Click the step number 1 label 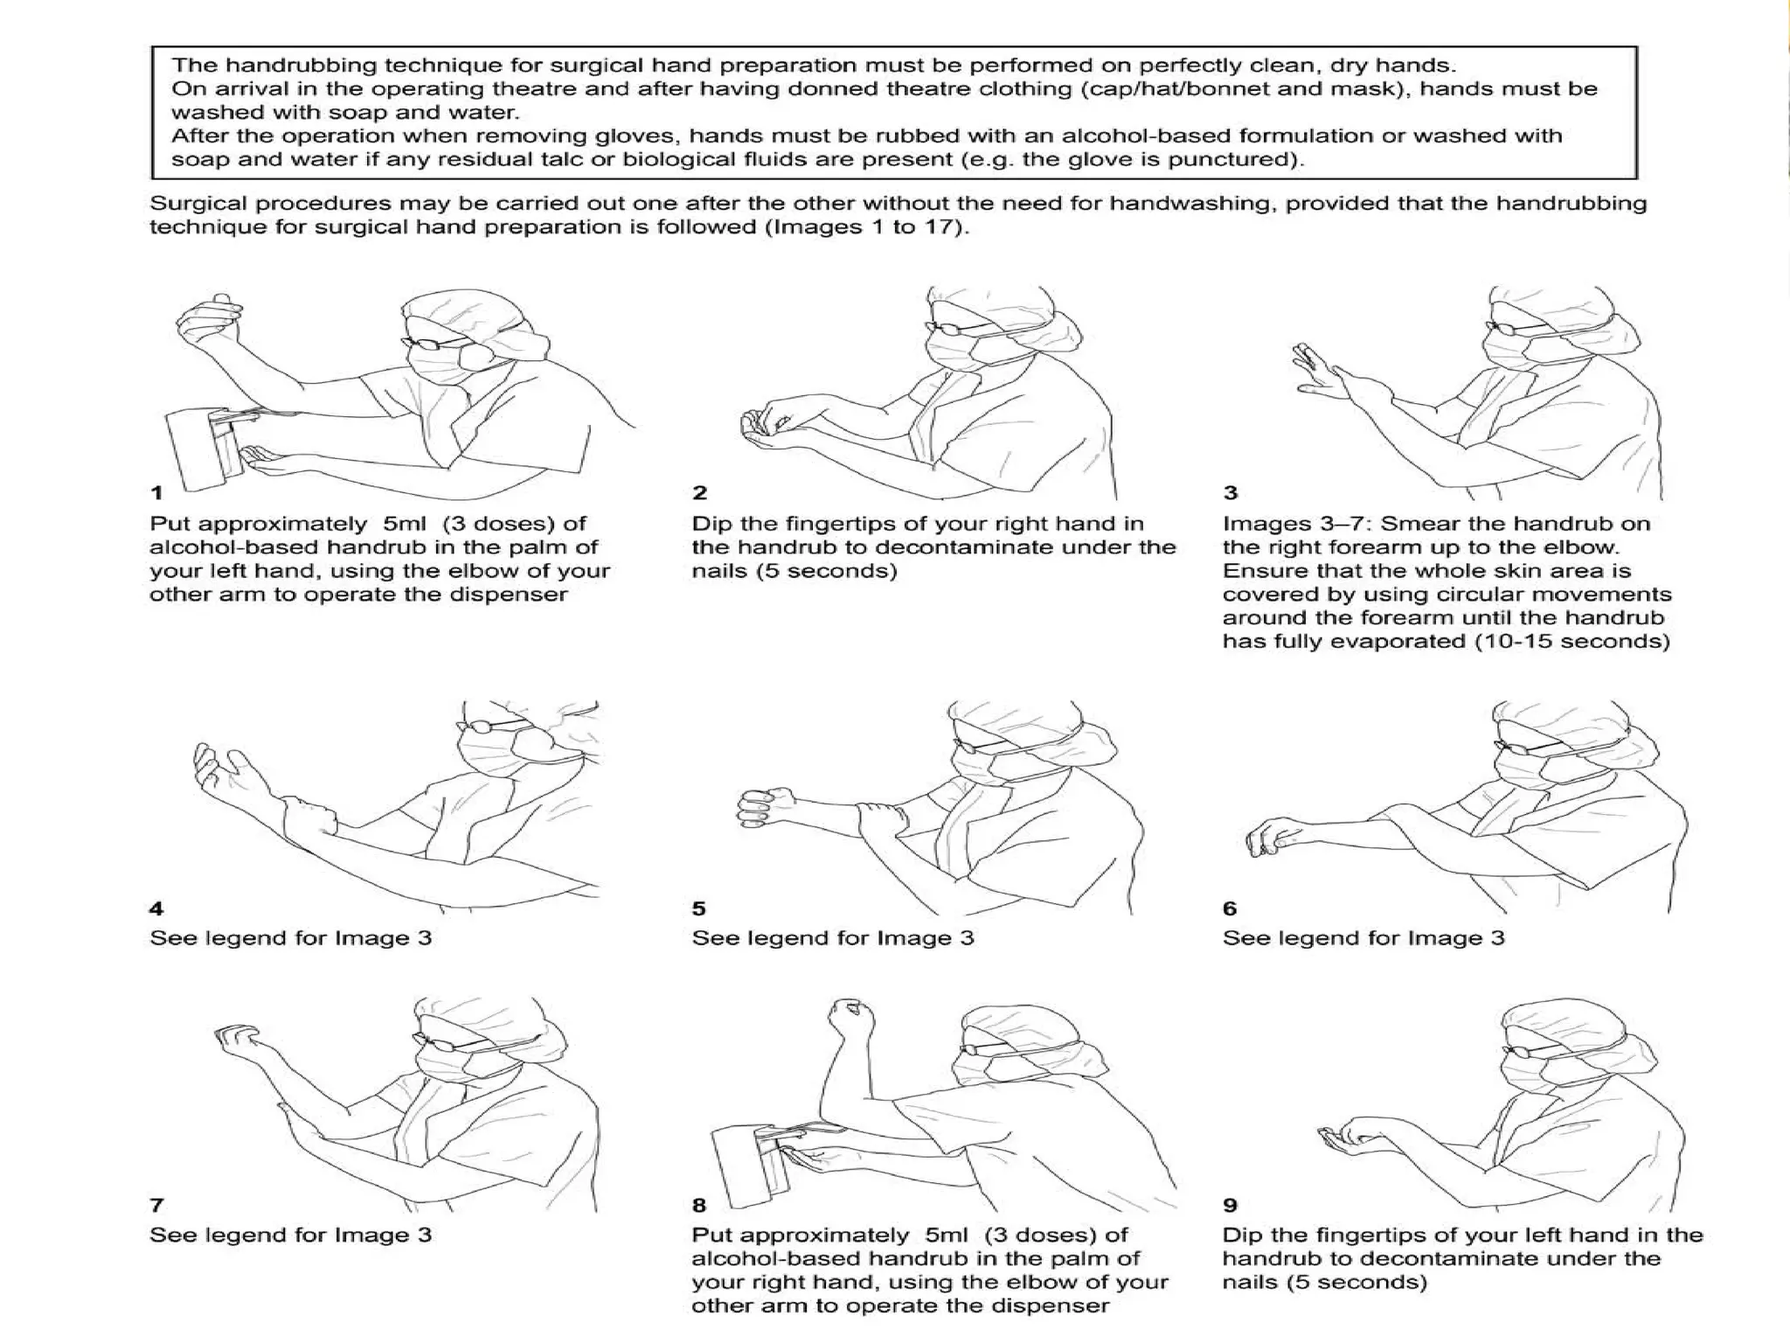[x=156, y=493]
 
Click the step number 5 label [x=698, y=908]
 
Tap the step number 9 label [x=1230, y=1205]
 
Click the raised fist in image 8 [x=851, y=1017]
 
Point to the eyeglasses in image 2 [x=951, y=329]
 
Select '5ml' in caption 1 [x=405, y=524]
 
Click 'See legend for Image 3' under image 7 [x=290, y=1235]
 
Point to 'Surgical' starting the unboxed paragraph [x=192, y=204]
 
